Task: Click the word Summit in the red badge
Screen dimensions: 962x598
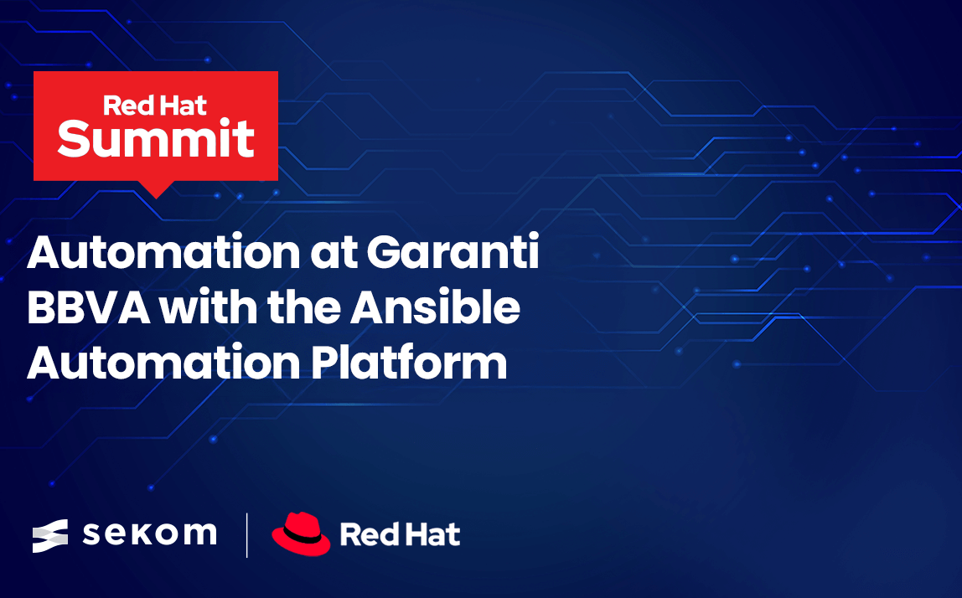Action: click(156, 138)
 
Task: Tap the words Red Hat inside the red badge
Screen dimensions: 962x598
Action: click(154, 106)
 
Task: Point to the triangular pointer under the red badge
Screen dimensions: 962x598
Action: click(156, 189)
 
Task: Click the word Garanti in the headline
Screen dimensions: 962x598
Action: click(453, 251)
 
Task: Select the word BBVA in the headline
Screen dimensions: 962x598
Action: click(89, 307)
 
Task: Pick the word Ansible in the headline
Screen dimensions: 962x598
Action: click(435, 306)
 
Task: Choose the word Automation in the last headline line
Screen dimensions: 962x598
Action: click(163, 363)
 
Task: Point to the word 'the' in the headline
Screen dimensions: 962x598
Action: click(303, 306)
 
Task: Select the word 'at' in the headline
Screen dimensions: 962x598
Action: click(334, 254)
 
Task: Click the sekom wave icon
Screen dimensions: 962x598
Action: click(50, 535)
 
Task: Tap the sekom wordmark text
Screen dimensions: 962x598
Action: click(150, 534)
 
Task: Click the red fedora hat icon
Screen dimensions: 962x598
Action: click(301, 534)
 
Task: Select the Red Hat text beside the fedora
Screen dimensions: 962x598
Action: click(400, 534)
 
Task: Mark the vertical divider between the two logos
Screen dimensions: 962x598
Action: click(246, 535)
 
